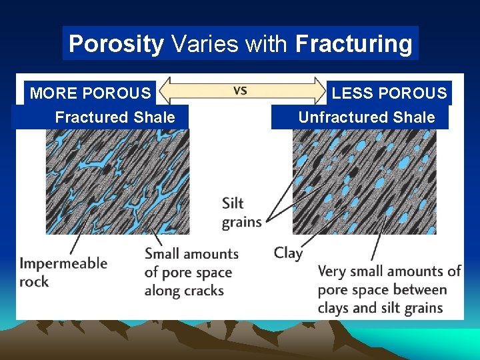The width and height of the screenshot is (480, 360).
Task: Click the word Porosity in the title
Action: (x=116, y=44)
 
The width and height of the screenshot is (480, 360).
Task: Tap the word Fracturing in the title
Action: (x=353, y=44)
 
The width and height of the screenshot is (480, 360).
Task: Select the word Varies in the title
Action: (x=204, y=44)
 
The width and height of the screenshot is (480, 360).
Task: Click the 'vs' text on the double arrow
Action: (x=240, y=90)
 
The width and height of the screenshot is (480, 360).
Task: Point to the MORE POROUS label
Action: (x=91, y=93)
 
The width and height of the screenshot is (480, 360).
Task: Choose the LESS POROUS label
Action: (x=389, y=93)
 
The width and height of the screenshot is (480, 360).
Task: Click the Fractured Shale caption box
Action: (x=115, y=117)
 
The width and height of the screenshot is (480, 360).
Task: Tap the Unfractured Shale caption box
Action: (x=366, y=117)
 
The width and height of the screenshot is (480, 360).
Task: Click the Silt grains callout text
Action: (x=241, y=213)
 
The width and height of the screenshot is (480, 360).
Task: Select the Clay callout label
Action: (x=288, y=253)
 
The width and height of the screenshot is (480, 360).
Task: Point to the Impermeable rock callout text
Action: (x=63, y=272)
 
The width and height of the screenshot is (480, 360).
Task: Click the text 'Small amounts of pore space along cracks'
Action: (x=191, y=272)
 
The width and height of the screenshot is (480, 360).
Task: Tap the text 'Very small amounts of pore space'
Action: (x=389, y=289)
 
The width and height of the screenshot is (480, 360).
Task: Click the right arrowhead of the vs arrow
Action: (x=318, y=90)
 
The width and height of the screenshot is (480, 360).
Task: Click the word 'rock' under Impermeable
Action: (x=34, y=281)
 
